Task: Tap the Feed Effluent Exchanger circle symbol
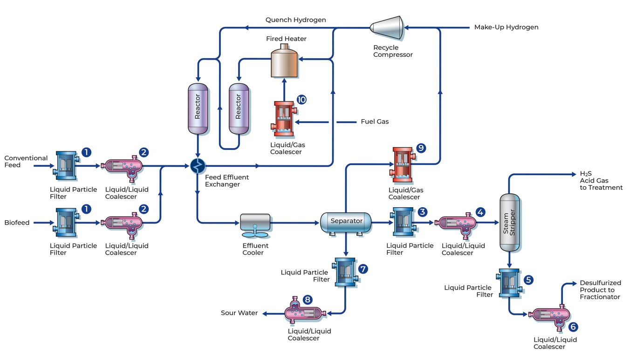198,165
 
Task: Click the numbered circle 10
301,99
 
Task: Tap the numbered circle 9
421,148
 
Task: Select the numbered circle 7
363,269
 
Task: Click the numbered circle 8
308,299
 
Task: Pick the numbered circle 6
573,327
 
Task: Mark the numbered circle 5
528,280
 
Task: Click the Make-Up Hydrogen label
506,27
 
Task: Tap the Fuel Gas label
375,122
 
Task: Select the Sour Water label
239,313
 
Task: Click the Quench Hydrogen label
295,20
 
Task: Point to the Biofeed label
17,223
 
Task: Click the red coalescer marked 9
402,164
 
